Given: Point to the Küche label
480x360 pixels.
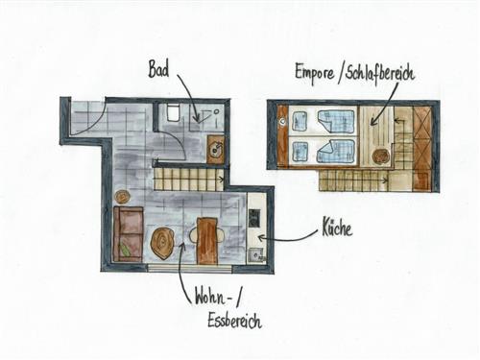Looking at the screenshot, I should pos(333,229).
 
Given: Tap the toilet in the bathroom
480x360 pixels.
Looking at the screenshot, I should pos(173,112).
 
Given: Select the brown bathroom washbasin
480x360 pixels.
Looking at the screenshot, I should pos(214,148).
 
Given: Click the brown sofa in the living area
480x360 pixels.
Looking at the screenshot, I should pos(127,234).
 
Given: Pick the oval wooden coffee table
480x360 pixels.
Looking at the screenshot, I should pos(162,243).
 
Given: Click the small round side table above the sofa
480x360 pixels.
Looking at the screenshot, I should pos(123,197).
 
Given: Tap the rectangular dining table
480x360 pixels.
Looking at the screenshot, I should pos(207,240).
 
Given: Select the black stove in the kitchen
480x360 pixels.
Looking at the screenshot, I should pos(253,218).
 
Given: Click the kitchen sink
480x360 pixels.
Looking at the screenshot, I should pos(253,254).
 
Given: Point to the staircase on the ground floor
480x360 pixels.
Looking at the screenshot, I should pos(190,178).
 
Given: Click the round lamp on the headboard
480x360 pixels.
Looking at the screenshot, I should pos(281,122).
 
